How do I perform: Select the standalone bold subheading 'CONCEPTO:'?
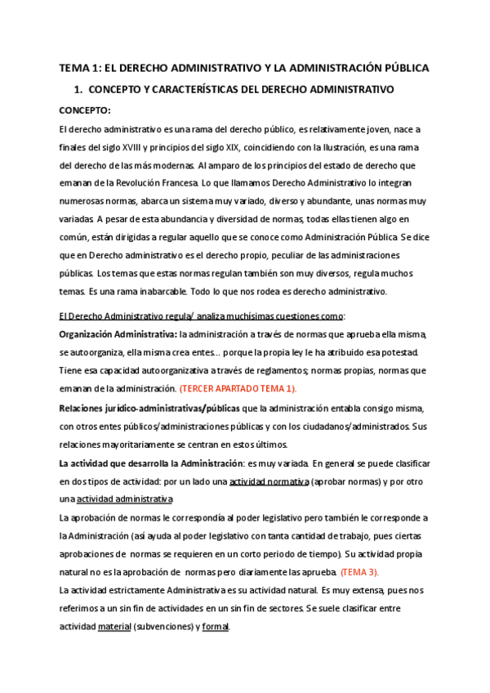85,110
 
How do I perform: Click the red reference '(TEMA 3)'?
359,571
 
